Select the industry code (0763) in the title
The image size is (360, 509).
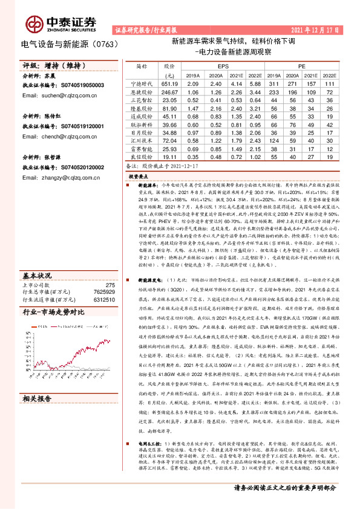pyautogui.click(x=100, y=44)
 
